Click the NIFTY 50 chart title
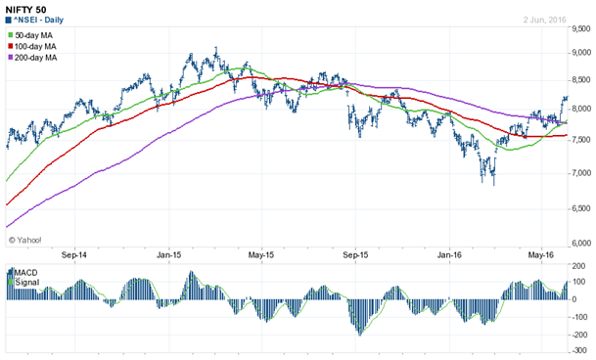[x=26, y=8]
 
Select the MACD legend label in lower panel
[x=24, y=270]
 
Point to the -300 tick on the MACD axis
[x=578, y=350]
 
